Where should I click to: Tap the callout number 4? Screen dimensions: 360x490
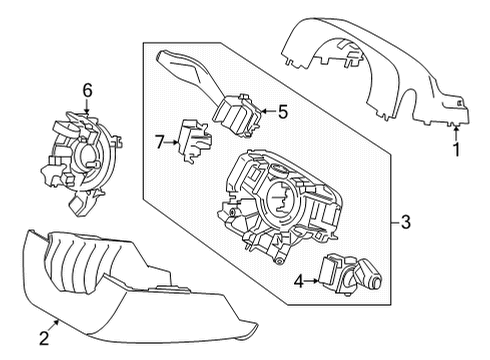click(x=298, y=281)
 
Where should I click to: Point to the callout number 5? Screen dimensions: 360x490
click(x=283, y=113)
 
